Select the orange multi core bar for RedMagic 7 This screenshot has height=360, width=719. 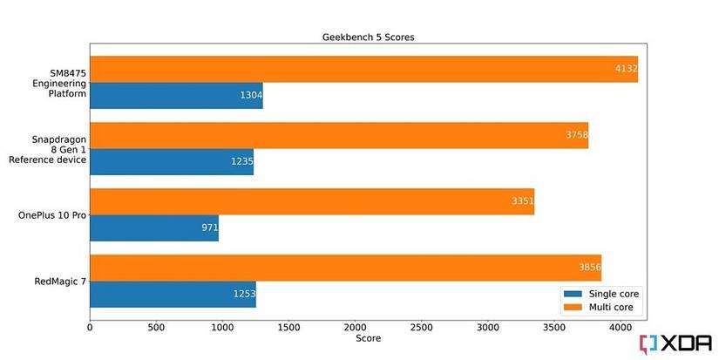pyautogui.click(x=345, y=268)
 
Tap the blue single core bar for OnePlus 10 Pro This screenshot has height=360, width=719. pyautogui.click(x=153, y=228)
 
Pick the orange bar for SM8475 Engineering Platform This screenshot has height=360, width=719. pyautogui.click(x=363, y=70)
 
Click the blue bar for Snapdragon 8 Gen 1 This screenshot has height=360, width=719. pyautogui.click(x=171, y=162)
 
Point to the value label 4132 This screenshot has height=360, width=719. pyautogui.click(x=624, y=70)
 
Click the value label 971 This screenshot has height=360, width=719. pyautogui.click(x=209, y=228)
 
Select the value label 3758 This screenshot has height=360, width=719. pyautogui.click(x=575, y=135)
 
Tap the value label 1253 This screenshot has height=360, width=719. pyautogui.click(x=243, y=294)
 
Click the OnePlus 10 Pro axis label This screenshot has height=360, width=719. pyautogui.click(x=52, y=214)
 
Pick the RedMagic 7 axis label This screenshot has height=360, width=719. pyautogui.click(x=57, y=281)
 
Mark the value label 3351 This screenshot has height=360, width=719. pyautogui.click(x=521, y=201)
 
